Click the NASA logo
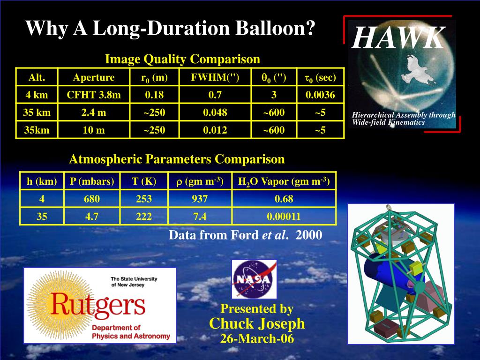[254, 280]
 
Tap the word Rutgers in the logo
[98, 305]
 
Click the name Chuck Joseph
[257, 323]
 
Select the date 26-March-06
[257, 338]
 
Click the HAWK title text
[397, 38]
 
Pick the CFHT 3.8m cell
[94, 95]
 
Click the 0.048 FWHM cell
[215, 112]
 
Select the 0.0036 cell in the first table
[320, 95]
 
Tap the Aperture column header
[94, 77]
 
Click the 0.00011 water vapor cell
[284, 216]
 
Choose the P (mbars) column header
[92, 181]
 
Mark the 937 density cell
[200, 199]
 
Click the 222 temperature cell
[144, 216]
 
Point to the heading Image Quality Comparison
[182, 60]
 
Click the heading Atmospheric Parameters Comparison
[177, 159]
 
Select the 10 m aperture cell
[94, 130]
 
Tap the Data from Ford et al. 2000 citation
[245, 234]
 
